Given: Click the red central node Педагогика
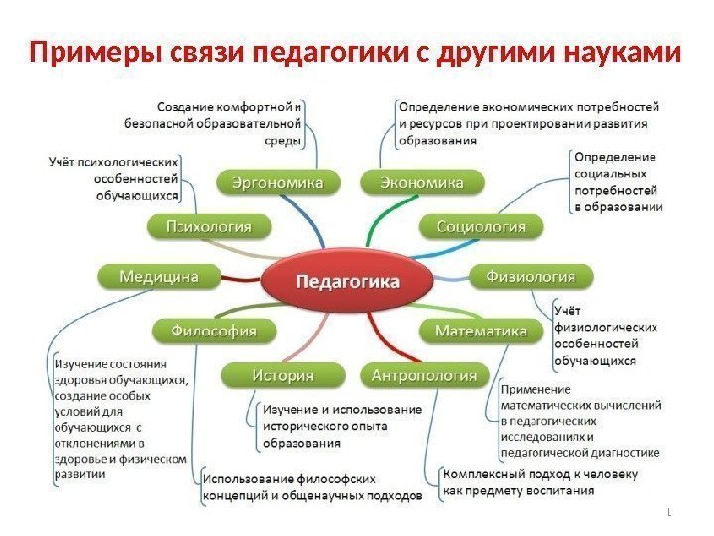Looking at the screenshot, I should click(x=348, y=281).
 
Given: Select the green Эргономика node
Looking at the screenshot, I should click(x=277, y=183).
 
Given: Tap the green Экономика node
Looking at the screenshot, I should click(x=422, y=183).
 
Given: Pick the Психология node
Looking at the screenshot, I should click(x=214, y=227).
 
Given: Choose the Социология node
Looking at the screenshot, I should click(x=482, y=227).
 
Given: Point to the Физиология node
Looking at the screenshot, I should click(x=536, y=275).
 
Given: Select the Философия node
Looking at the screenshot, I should click(x=214, y=330).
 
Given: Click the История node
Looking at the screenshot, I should click(x=282, y=375).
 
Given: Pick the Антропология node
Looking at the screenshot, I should click(x=422, y=375).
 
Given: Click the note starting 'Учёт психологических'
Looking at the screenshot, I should click(x=115, y=177).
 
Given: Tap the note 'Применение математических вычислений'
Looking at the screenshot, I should click(x=579, y=420).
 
